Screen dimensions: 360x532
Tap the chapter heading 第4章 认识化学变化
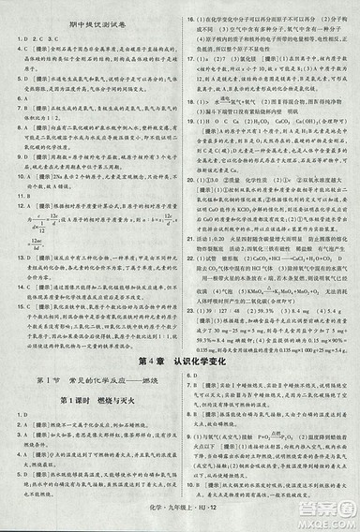click(x=180, y=334)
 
